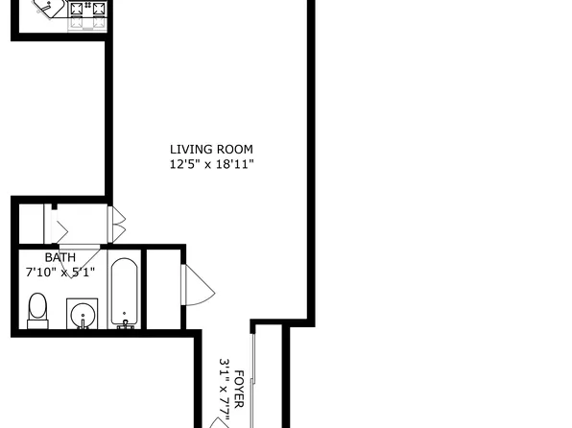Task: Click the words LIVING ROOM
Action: click(x=211, y=149)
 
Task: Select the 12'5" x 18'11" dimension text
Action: click(x=211, y=164)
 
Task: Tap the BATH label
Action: click(x=60, y=257)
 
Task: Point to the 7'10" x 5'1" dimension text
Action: click(x=60, y=272)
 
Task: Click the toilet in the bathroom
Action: click(x=38, y=310)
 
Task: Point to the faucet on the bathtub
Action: click(x=125, y=321)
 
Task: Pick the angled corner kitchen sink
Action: click(x=47, y=10)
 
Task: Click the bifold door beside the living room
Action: click(x=116, y=224)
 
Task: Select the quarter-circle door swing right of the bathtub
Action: click(x=195, y=285)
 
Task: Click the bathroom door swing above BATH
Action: click(x=60, y=230)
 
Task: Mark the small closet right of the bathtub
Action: click(x=162, y=288)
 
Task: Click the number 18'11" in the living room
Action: click(x=235, y=164)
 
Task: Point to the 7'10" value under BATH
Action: click(x=39, y=272)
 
